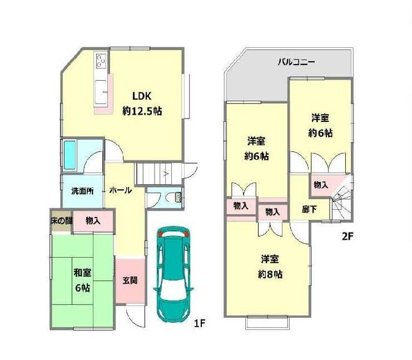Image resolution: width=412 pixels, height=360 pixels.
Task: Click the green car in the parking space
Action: point(173,274)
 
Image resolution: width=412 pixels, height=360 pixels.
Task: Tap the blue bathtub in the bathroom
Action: point(70,155)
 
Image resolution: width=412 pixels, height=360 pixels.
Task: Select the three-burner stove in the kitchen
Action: point(101,61)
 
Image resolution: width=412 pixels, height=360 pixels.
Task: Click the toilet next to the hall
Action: point(178,197)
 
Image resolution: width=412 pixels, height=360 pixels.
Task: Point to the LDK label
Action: point(142,96)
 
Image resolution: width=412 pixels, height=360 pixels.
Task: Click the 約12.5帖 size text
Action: point(142,111)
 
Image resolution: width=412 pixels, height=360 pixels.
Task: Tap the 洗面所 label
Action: point(82,191)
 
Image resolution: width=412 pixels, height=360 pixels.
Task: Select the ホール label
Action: point(120,190)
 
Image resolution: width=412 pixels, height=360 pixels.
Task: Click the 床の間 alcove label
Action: point(61,220)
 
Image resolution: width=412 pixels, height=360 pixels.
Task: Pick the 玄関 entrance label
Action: point(130,280)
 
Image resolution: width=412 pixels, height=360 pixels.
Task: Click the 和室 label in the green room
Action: point(82,273)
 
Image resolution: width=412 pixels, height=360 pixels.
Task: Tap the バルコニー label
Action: point(297,62)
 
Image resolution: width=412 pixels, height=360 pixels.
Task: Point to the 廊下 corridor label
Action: point(309,209)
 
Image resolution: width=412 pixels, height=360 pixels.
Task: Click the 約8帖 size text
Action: point(270,274)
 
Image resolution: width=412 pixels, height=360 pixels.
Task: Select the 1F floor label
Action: point(200,323)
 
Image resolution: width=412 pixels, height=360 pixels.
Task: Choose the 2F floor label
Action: point(347,236)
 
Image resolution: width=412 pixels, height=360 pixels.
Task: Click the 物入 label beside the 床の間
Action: point(93,221)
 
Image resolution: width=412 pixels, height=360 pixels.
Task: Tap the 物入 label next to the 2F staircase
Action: point(321,185)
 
